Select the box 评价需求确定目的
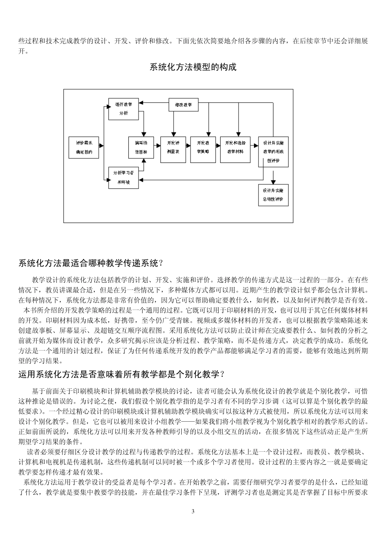[84, 147]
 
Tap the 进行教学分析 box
[124, 108]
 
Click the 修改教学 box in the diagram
[183, 105]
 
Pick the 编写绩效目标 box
[141, 147]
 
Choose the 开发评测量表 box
[173, 147]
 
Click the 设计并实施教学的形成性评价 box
[273, 152]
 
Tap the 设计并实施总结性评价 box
[273, 195]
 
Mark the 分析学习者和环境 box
[124, 178]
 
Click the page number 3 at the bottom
[193, 511]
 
